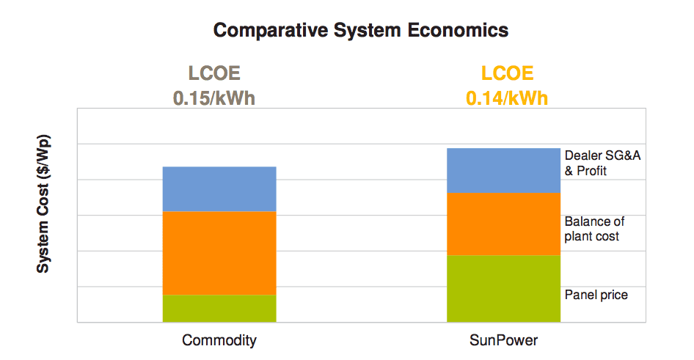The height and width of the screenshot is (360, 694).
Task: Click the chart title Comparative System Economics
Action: pos(360,31)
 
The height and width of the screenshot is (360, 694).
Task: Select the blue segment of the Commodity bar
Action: pos(219,189)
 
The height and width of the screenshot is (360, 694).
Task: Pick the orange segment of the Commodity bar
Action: pos(219,253)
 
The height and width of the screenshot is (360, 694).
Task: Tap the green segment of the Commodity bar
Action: pos(219,308)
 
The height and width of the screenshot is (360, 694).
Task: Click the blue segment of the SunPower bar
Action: pos(503,171)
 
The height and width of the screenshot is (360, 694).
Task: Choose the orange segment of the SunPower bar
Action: pos(503,224)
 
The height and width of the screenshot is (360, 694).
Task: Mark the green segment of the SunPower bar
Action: pos(503,288)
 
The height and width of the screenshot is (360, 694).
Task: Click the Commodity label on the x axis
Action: pos(219,341)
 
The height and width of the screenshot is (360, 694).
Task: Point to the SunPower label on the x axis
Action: pos(503,341)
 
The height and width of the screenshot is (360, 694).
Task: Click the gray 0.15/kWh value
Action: pos(214,98)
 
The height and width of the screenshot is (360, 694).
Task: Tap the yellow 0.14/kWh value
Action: pos(507,98)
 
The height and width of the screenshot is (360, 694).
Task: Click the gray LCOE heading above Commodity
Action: pos(214,74)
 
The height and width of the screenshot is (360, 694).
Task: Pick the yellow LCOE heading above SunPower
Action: pos(507,74)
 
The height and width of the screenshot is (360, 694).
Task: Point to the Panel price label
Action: pos(596,295)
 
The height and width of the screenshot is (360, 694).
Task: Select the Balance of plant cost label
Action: pos(594,229)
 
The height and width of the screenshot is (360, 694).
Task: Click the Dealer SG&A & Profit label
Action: pos(596,163)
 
